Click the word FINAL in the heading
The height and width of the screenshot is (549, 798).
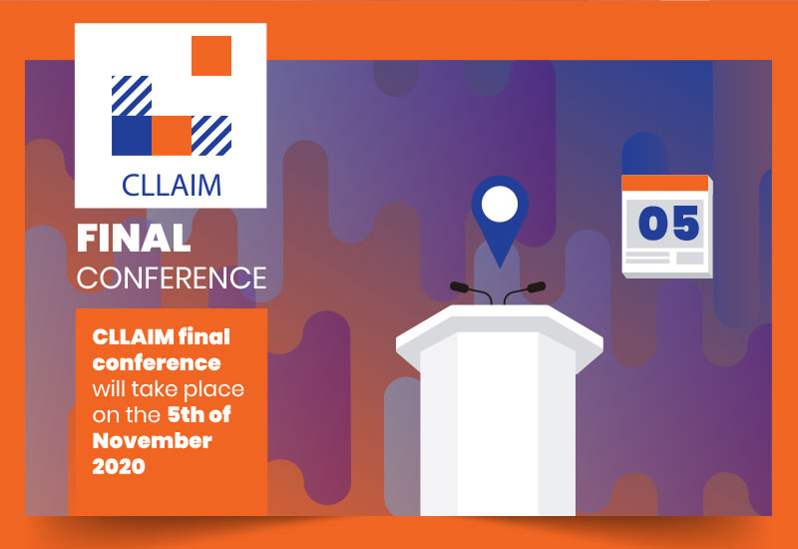click(134, 239)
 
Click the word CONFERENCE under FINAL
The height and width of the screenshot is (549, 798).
click(172, 278)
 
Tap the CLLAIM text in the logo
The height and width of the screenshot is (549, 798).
click(172, 186)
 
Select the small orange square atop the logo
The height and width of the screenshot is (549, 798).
click(211, 56)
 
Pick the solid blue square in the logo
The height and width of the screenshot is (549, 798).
click(132, 136)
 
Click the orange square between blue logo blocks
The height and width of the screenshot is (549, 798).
click(172, 136)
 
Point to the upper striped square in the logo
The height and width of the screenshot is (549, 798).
click(132, 96)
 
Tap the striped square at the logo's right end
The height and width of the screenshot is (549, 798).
click(211, 136)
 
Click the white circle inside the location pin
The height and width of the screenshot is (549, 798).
click(500, 204)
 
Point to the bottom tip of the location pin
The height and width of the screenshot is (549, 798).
click(500, 268)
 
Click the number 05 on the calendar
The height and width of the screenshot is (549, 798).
click(668, 224)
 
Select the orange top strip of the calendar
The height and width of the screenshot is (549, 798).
click(665, 183)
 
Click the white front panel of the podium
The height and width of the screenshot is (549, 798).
click(498, 423)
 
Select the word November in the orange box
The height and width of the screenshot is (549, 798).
click(153, 441)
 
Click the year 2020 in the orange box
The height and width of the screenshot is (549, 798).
click(119, 466)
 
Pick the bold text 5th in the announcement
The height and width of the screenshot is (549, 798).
click(186, 415)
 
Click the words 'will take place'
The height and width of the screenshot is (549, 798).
click(169, 389)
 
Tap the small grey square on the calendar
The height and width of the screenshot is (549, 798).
click(690, 258)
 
